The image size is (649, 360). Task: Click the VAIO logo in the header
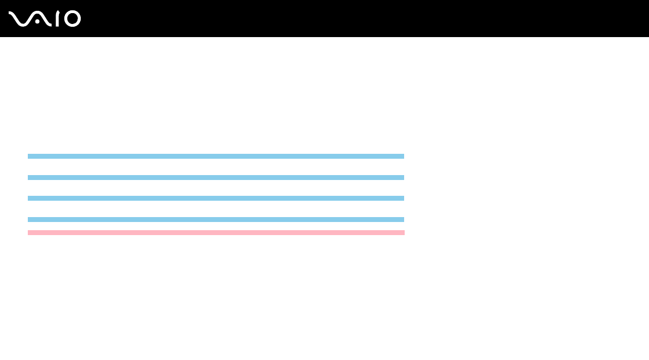click(45, 19)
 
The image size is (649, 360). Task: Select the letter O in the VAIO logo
click(73, 19)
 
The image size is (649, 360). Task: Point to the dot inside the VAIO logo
click(37, 22)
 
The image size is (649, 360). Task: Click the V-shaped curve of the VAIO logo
click(19, 19)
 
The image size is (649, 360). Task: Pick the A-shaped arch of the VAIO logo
click(41, 17)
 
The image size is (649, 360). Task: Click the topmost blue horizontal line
click(216, 156)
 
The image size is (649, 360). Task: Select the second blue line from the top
click(216, 177)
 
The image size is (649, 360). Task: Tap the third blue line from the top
click(216, 198)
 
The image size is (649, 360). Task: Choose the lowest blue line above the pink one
click(216, 219)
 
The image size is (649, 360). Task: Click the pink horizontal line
click(216, 232)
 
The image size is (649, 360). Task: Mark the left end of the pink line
click(29, 232)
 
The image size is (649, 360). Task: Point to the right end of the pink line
click(403, 232)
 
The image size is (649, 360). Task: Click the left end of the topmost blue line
click(29, 156)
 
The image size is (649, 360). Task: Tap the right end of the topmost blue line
click(402, 156)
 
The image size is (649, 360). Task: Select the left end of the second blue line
click(29, 177)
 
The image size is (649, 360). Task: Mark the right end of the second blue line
click(402, 177)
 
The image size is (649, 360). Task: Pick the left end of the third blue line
click(29, 198)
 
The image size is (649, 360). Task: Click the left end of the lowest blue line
click(29, 219)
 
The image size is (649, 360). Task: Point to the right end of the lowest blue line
click(402, 219)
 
